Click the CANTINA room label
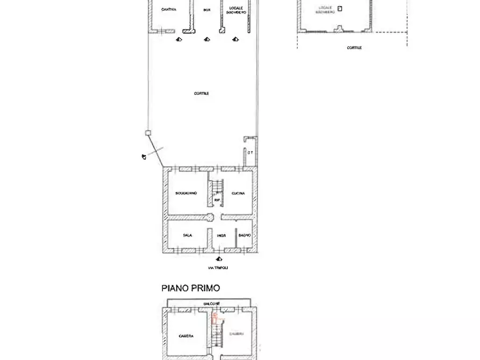point(169,9)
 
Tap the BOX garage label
point(207,10)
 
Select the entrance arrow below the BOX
point(207,39)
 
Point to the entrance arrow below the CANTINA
point(179,39)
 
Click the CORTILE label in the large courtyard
point(202,93)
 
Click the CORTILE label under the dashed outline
point(354,48)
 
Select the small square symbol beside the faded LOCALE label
point(340,8)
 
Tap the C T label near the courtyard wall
point(250,153)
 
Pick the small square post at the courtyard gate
point(148,133)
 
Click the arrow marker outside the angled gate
point(144,156)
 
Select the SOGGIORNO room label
point(186,193)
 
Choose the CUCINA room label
point(239,193)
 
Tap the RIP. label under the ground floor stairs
point(217,200)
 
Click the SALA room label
point(188,235)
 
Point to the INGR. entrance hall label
point(221,235)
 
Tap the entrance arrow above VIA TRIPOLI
point(219,259)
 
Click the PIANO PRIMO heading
point(191,288)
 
